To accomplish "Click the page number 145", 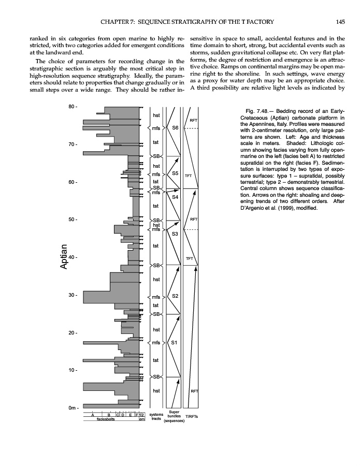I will tap(340, 21).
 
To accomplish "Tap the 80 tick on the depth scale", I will tap(73, 107).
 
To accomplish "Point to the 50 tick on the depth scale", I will tap(73, 220).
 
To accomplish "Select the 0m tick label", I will tap(72, 407).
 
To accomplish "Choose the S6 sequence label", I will tap(175, 127).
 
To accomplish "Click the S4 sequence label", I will tap(175, 197).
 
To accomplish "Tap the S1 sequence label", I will tap(175, 342).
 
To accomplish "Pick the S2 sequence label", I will tap(175, 296).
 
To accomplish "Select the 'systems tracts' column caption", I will tap(156, 417).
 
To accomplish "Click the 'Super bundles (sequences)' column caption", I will tap(175, 417).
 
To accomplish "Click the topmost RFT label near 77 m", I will tap(193, 120).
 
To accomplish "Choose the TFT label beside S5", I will tap(189, 176).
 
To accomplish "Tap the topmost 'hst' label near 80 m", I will tap(156, 115).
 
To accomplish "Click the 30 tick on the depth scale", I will tap(73, 295).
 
